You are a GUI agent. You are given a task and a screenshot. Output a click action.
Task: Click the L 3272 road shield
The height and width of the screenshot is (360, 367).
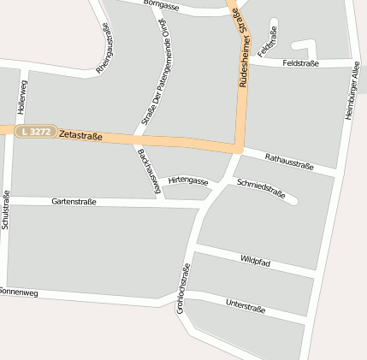click(x=38, y=132)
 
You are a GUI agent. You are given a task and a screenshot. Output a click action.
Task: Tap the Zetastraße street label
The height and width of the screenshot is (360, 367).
click(x=81, y=134)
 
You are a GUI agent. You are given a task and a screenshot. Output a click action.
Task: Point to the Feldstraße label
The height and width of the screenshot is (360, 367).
click(x=300, y=63)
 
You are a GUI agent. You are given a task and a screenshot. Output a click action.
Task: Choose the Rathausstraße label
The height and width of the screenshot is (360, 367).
click(x=289, y=162)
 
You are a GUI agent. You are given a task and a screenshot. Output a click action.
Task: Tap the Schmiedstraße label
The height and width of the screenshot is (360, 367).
click(x=261, y=188)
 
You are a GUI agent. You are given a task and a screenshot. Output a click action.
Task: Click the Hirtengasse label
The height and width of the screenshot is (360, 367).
click(x=188, y=181)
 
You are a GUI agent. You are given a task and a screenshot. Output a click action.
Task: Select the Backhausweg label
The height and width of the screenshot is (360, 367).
click(x=149, y=170)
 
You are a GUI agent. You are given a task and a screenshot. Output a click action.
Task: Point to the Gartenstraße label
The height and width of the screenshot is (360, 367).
click(x=74, y=202)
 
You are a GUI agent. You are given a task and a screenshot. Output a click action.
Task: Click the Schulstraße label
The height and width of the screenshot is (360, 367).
click(x=6, y=210)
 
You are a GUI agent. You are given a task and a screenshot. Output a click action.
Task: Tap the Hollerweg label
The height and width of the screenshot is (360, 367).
click(x=21, y=98)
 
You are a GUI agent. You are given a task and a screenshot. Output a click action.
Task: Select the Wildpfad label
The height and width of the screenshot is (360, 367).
click(x=255, y=261)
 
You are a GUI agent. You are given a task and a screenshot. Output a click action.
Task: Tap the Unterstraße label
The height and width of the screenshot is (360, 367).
click(x=246, y=305)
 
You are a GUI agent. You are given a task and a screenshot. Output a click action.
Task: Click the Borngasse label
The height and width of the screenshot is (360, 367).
click(x=162, y=5)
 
